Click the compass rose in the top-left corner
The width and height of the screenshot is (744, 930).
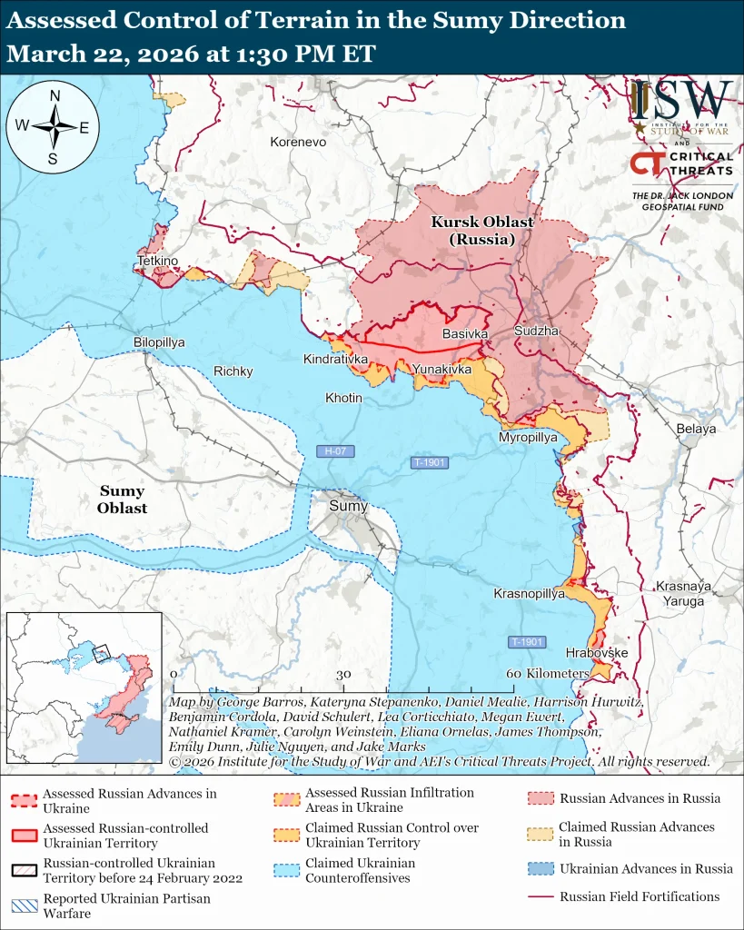coord(54,127)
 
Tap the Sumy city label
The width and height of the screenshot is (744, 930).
coord(348,506)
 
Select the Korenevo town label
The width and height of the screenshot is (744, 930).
coord(298,143)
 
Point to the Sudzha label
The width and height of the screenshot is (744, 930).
coord(536,331)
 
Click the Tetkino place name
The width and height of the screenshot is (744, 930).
coord(157,262)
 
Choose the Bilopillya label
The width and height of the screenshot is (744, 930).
coord(159,342)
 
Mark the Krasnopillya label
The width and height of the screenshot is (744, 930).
coord(529,593)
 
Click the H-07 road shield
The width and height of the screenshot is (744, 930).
coord(334,451)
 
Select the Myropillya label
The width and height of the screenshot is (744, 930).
coord(528,438)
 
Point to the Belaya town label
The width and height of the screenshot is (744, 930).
coord(696,429)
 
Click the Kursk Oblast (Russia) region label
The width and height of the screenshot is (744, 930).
coord(481,231)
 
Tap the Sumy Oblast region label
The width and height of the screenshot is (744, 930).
coord(122,500)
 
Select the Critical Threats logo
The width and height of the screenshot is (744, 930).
coord(682,165)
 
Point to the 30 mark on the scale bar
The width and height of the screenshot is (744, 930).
coord(343,675)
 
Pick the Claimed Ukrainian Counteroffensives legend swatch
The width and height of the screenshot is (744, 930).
coord(287,870)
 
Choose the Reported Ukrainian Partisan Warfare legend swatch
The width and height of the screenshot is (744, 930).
coord(25,905)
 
